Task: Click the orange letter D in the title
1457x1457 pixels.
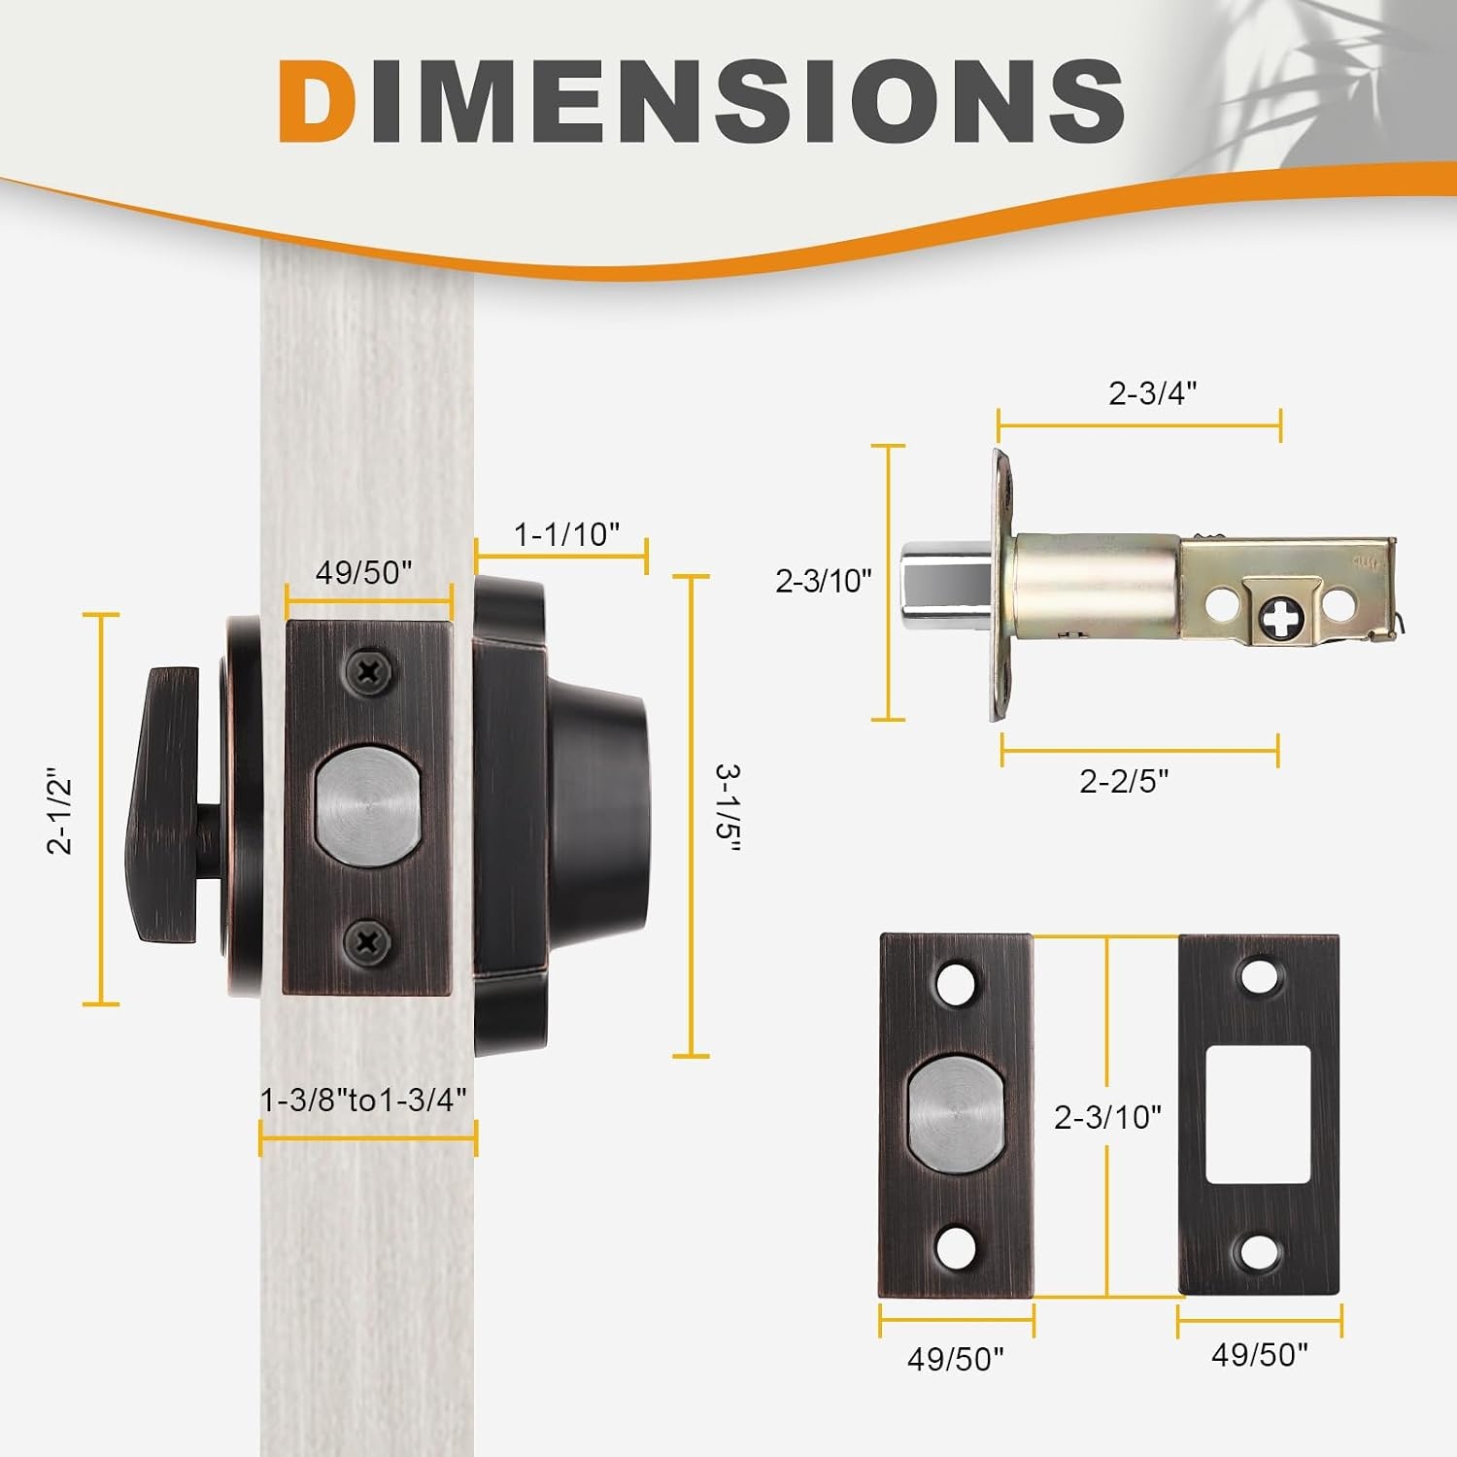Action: pyautogui.click(x=316, y=101)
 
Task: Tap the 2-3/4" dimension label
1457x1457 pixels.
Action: pyautogui.click(x=1152, y=393)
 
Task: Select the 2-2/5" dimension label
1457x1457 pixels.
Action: pyautogui.click(x=1124, y=781)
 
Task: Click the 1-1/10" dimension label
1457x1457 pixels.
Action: pyautogui.click(x=566, y=534)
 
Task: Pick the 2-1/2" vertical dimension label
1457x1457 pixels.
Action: pyautogui.click(x=60, y=814)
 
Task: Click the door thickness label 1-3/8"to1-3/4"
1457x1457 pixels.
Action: pyautogui.click(x=364, y=1100)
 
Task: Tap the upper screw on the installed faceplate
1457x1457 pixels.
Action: pyautogui.click(x=369, y=670)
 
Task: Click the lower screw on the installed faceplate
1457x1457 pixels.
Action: pyautogui.click(x=369, y=940)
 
